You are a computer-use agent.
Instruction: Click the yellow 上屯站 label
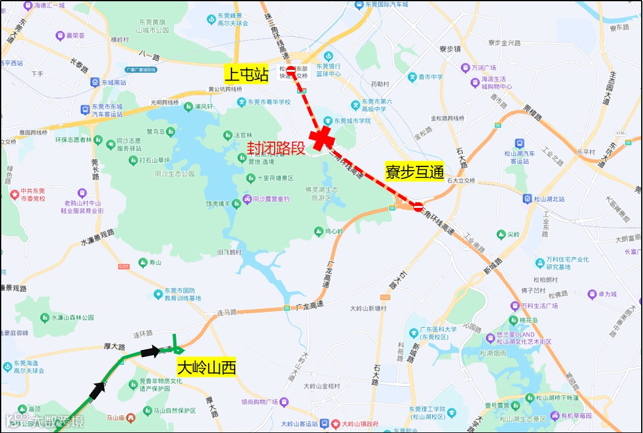coord(246,75)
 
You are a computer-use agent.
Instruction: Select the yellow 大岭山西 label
coord(207,368)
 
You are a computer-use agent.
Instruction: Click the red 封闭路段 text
coord(277,148)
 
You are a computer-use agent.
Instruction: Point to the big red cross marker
coord(323,140)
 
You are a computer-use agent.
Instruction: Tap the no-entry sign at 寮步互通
coord(418,206)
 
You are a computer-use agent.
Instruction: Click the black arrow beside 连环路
coord(149,352)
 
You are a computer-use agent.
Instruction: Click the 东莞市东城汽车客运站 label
coord(106,110)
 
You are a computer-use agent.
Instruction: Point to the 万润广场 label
coord(485,67)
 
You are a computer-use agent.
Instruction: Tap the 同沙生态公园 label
coord(175,174)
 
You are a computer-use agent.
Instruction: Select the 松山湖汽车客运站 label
coord(519,157)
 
